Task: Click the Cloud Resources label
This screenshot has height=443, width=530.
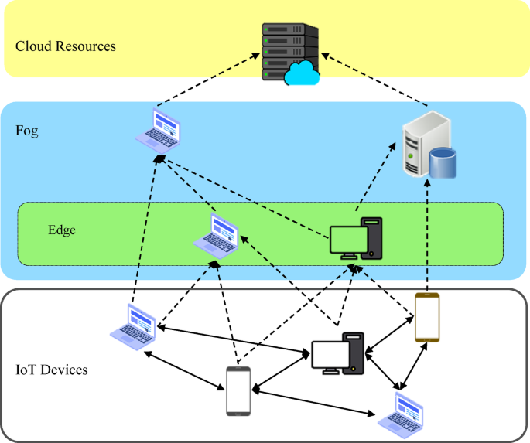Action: click(66, 46)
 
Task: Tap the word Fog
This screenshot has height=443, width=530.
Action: click(27, 131)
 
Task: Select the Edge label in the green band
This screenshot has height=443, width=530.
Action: click(62, 230)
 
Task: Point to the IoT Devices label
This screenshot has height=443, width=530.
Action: click(52, 370)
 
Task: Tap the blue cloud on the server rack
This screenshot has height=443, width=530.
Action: click(302, 74)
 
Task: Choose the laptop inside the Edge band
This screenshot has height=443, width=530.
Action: click(217, 234)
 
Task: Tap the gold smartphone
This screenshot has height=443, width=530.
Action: click(426, 317)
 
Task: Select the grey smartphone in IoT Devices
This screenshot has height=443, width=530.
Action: click(238, 391)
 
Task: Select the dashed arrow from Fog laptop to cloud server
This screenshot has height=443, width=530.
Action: click(207, 80)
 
